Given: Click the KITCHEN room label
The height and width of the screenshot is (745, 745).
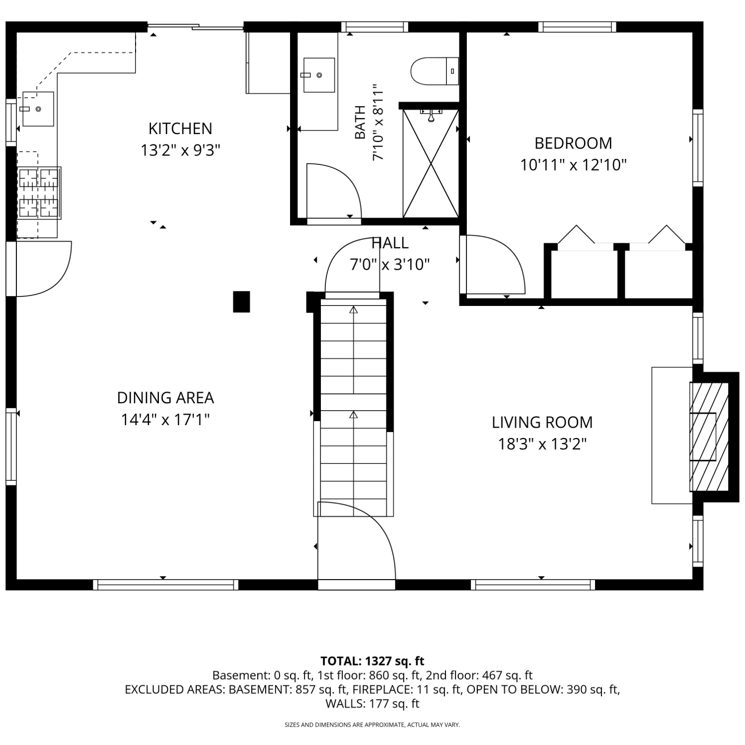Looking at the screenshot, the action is (180, 129).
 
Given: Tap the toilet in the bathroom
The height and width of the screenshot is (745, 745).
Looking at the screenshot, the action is (435, 72).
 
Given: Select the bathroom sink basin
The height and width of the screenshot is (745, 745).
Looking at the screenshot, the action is (319, 75).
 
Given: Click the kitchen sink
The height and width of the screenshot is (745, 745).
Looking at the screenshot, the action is (38, 109).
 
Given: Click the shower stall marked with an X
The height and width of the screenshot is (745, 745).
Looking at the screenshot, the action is (431, 163).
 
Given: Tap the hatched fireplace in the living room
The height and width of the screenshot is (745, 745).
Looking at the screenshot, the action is (709, 437).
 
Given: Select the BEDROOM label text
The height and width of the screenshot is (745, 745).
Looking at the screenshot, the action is (573, 143).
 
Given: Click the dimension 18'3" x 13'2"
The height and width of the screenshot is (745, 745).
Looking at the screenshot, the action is (542, 444).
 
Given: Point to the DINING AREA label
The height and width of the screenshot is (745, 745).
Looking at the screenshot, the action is (165, 398).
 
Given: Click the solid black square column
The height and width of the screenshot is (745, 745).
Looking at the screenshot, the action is (241, 302).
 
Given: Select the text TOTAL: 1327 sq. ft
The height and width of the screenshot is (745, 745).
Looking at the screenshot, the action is (372, 661).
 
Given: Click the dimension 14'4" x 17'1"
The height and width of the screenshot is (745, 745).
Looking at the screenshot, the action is (165, 420).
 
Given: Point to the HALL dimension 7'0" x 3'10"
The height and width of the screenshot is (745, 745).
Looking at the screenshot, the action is (390, 264).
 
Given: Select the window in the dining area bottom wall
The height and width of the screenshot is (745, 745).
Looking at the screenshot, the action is (165, 585).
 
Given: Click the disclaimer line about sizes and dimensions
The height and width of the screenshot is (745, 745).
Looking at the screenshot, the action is (372, 725).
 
